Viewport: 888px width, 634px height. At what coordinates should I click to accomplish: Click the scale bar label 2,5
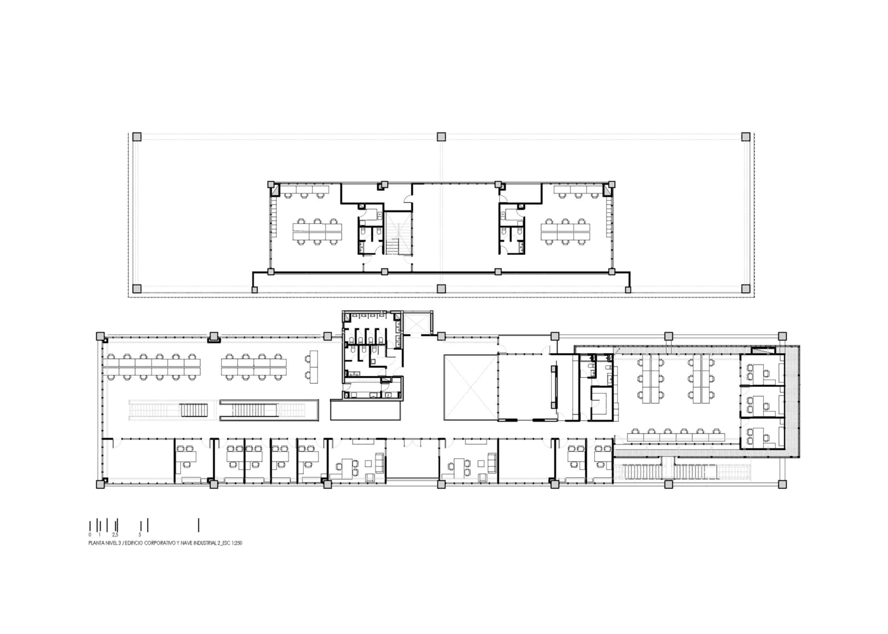point(115,535)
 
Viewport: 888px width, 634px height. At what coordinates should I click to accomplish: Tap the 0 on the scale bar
point(90,535)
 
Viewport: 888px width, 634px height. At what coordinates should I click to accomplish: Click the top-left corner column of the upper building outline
point(136,136)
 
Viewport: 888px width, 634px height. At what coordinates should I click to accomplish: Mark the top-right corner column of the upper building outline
point(746,136)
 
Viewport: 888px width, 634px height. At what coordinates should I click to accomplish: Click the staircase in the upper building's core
point(398,233)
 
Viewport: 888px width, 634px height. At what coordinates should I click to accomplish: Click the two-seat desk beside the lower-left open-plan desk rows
point(312,366)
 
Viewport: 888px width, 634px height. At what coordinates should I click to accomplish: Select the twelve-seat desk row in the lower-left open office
point(153,366)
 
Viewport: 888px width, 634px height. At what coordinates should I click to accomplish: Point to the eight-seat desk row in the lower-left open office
point(253,366)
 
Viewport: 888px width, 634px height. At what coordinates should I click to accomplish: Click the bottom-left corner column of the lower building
point(100,484)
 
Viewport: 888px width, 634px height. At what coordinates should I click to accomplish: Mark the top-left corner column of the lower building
point(100,335)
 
